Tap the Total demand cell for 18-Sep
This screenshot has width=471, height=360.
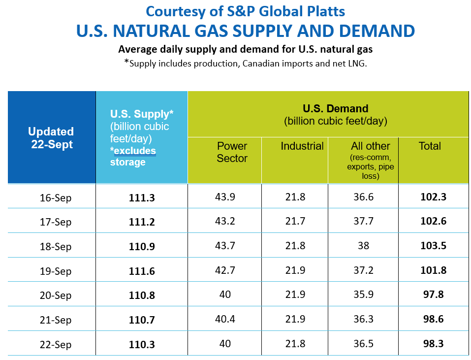click(433, 245)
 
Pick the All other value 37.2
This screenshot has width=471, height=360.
click(363, 270)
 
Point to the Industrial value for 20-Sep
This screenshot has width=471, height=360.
click(295, 295)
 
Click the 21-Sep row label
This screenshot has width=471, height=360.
click(56, 320)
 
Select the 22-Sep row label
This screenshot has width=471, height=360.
click(56, 344)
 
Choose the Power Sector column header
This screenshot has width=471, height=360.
click(232, 152)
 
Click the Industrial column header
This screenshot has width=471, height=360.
click(302, 146)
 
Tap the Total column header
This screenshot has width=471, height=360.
click(430, 146)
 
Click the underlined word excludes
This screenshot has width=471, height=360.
click(134, 151)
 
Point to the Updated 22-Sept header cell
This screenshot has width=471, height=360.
click(51, 138)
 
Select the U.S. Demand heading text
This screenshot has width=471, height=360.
click(335, 109)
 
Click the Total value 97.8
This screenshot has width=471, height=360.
click(433, 295)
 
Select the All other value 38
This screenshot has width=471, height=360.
click(363, 245)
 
